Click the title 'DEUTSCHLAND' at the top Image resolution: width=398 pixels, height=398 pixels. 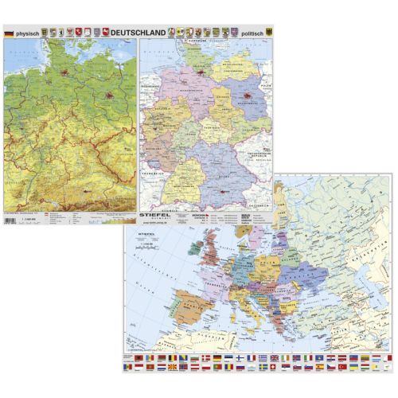(141, 33)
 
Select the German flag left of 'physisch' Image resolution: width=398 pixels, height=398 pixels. (9, 33)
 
